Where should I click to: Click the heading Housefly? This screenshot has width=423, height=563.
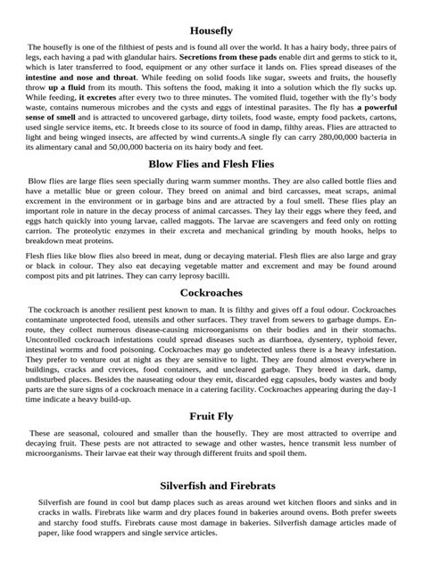(x=211, y=31)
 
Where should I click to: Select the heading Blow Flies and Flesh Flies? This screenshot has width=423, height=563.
(x=211, y=165)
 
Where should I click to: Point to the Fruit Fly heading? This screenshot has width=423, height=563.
(x=211, y=416)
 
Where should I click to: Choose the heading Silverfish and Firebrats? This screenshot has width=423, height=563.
(x=211, y=486)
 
